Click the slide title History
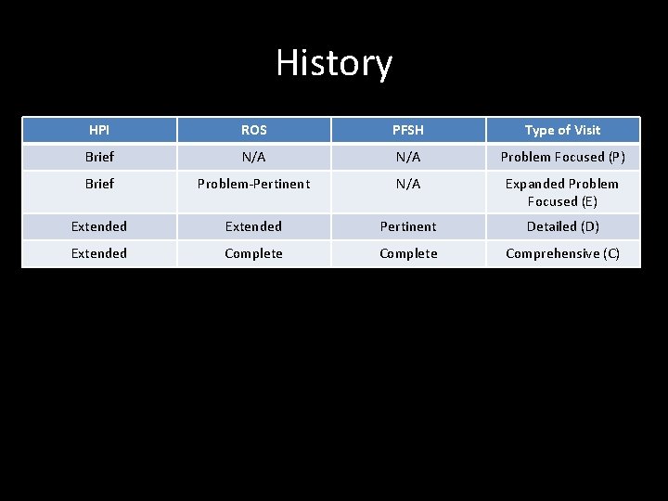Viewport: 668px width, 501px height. (334, 63)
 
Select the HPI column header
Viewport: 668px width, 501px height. (99, 130)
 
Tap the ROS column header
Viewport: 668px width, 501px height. (253, 130)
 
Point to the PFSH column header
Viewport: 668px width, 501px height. (408, 130)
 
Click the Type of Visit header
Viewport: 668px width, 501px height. (562, 130)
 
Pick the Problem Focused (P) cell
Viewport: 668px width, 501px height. (562, 157)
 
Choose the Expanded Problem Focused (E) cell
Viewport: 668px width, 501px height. (562, 192)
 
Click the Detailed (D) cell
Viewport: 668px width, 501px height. (562, 226)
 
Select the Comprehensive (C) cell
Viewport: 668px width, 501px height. (562, 253)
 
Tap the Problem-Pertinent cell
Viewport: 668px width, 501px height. (253, 184)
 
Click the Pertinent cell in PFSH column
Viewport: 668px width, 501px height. (408, 226)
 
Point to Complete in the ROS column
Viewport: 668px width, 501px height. (253, 253)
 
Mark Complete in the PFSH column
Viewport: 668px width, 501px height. (408, 253)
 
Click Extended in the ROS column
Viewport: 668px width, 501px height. (253, 226)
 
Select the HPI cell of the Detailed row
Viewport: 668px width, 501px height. (99, 226)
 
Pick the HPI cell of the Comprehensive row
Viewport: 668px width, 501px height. (99, 253)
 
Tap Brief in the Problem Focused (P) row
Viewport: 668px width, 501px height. (99, 157)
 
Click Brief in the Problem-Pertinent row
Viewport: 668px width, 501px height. (99, 184)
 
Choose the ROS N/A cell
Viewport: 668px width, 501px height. (253, 157)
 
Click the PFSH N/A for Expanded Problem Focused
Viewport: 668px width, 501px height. (408, 184)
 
